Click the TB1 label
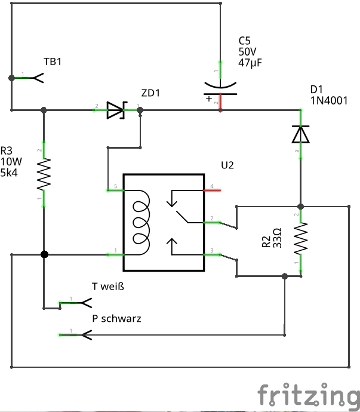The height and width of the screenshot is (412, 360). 53,62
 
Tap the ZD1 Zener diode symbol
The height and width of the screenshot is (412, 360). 116,110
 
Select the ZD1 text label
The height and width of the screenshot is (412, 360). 150,93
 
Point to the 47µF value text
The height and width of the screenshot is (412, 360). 250,63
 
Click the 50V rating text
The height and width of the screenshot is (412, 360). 247,51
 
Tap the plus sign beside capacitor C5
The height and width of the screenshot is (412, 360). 209,99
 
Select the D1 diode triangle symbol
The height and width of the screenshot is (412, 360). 301,134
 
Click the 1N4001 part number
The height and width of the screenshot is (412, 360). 329,101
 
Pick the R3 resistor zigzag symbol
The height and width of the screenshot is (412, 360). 44,174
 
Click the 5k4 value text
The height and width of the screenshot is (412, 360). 9,173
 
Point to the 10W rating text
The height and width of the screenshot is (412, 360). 11,162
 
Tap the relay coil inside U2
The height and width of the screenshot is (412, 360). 141,222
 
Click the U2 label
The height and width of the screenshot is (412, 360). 227,165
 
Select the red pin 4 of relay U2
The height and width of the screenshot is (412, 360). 213,190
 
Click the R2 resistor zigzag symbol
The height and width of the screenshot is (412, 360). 301,239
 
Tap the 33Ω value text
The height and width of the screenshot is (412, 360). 278,238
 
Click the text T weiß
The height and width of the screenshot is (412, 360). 108,286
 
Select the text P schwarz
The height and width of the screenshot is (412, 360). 116,318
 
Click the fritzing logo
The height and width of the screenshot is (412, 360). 309,395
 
